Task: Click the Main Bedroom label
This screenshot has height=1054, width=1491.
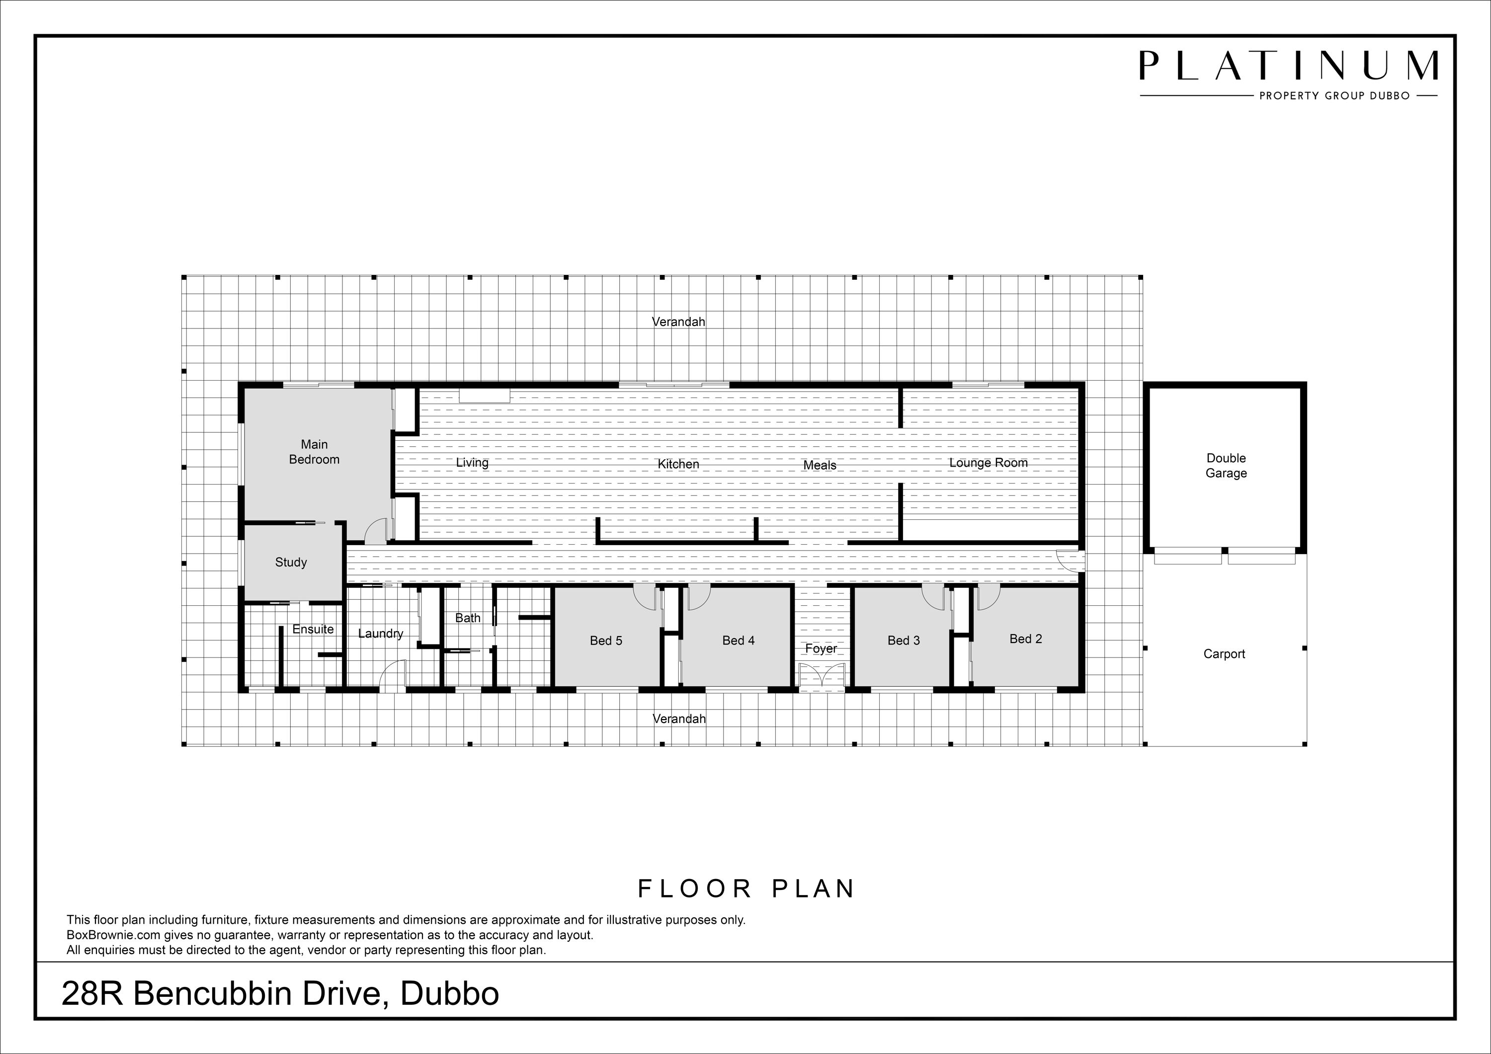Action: click(x=314, y=452)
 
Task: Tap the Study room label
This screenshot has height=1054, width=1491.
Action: click(x=291, y=563)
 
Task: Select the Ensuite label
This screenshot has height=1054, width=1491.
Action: click(x=313, y=629)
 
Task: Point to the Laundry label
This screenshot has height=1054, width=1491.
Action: click(x=381, y=634)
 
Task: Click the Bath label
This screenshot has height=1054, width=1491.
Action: click(x=468, y=618)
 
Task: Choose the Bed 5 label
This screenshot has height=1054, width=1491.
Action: click(x=606, y=641)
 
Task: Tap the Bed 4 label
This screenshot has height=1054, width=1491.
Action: click(x=739, y=641)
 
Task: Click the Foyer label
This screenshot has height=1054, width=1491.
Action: click(x=821, y=649)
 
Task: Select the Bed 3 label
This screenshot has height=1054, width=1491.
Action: click(x=904, y=641)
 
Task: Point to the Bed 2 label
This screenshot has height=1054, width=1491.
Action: click(x=1025, y=639)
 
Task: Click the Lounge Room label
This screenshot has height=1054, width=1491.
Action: click(x=989, y=463)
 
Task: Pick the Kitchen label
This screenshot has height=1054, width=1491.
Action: click(x=678, y=464)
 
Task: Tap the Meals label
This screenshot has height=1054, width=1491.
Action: click(x=820, y=466)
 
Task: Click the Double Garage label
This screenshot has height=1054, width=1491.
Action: click(x=1226, y=466)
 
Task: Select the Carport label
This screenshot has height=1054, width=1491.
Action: click(x=1224, y=654)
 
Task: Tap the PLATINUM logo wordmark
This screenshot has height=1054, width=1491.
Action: click(x=1288, y=66)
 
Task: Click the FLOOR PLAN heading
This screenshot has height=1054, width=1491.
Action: click(x=745, y=889)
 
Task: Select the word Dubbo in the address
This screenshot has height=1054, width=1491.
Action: click(x=449, y=993)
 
